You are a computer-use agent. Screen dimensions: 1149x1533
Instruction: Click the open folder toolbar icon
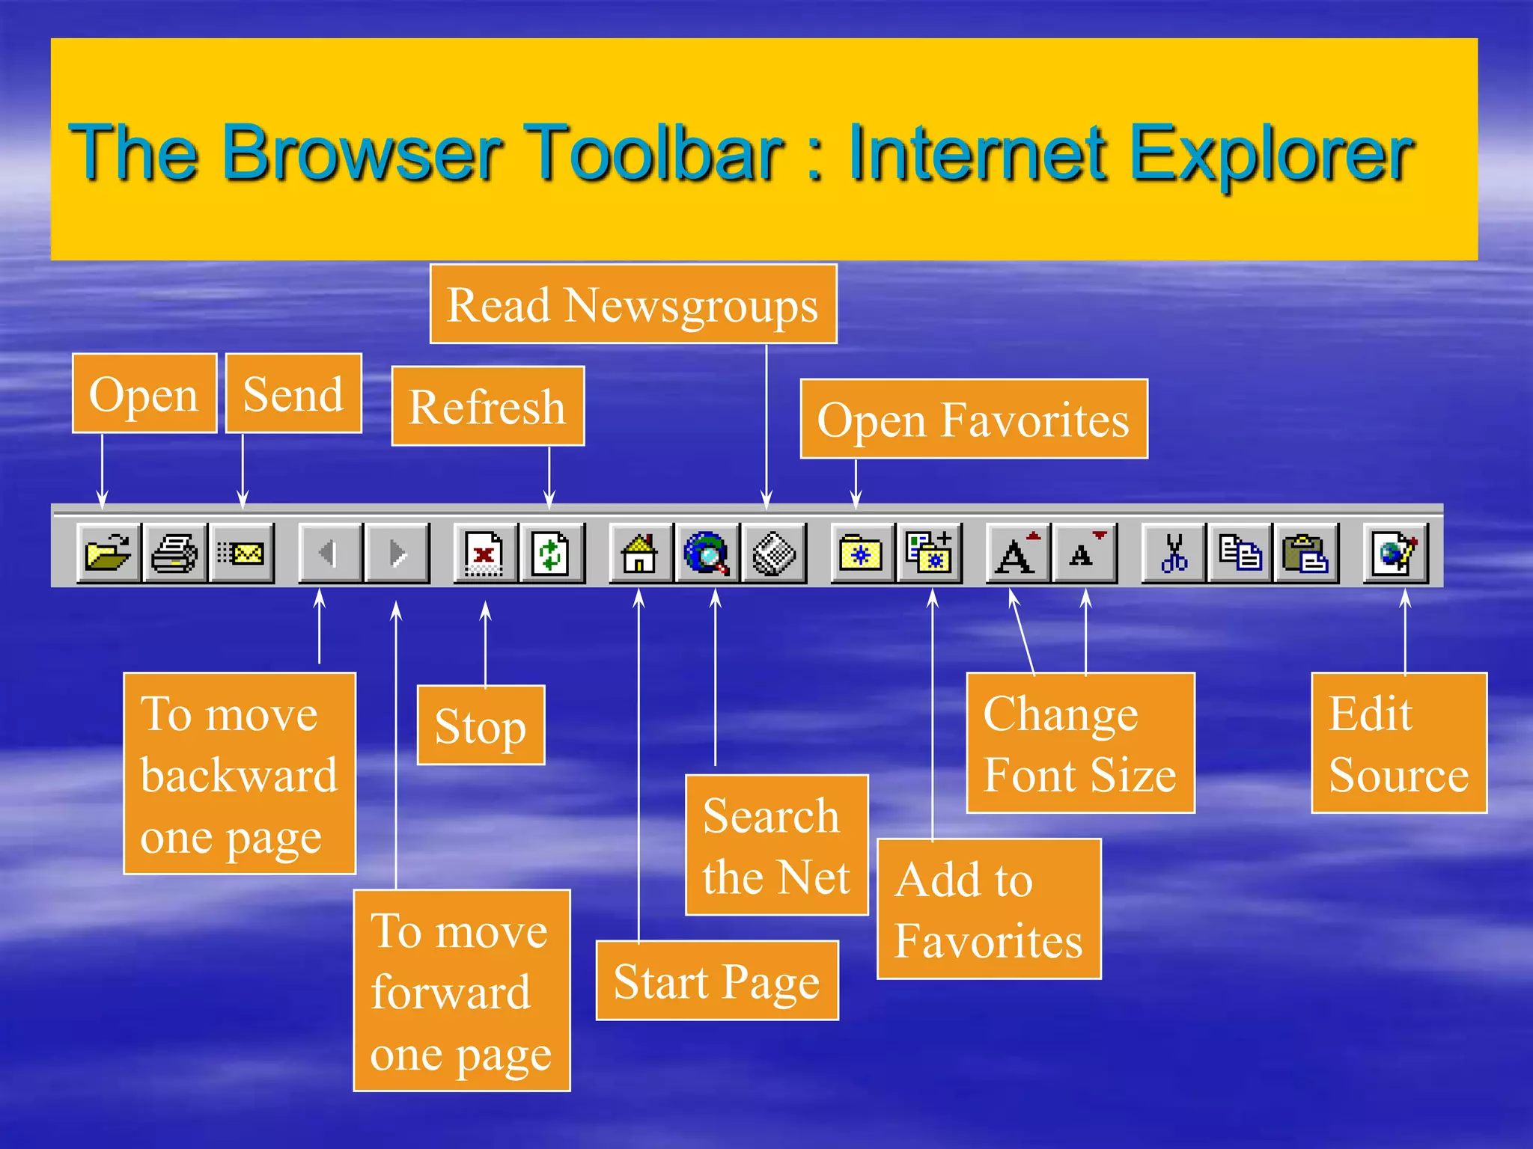pyautogui.click(x=108, y=554)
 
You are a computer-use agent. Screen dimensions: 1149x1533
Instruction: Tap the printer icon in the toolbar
pyautogui.click(x=174, y=554)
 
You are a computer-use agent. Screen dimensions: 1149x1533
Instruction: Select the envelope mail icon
pyautogui.click(x=242, y=554)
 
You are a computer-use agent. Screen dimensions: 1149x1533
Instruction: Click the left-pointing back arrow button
pyautogui.click(x=329, y=554)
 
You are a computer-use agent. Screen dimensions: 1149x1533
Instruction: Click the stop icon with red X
pyautogui.click(x=484, y=554)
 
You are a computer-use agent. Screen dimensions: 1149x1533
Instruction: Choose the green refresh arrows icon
pyautogui.click(x=551, y=554)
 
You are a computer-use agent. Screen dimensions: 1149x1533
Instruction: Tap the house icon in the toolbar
pyautogui.click(x=640, y=554)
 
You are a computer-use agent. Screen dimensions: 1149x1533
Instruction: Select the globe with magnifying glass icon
pyautogui.click(x=707, y=554)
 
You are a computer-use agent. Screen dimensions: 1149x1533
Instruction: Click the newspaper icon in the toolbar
pyautogui.click(x=773, y=554)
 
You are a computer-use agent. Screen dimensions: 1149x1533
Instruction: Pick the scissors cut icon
pyautogui.click(x=1173, y=554)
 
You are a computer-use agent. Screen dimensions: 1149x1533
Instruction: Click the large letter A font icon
pyautogui.click(x=1017, y=554)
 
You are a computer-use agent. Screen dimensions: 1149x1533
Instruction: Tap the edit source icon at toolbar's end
pyautogui.click(x=1396, y=554)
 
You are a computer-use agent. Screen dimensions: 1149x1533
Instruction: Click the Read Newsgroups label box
pyautogui.click(x=633, y=304)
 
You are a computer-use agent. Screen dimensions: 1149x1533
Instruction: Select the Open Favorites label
pyautogui.click(x=973, y=419)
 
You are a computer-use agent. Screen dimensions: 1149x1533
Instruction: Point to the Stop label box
pyautogui.click(x=481, y=726)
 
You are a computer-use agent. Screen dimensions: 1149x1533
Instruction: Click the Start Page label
pyautogui.click(x=716, y=981)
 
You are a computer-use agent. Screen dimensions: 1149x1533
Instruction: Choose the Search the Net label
pyautogui.click(x=776, y=845)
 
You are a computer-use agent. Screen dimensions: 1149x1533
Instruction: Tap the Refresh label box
pyautogui.click(x=487, y=406)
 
